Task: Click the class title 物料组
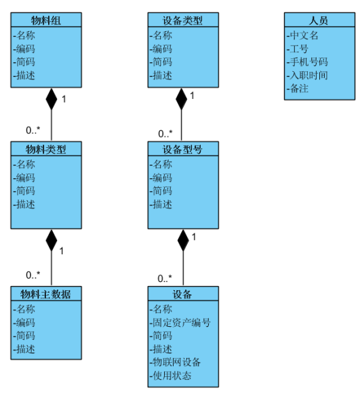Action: click(x=46, y=20)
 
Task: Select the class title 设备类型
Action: click(x=183, y=20)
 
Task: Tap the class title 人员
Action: click(x=319, y=20)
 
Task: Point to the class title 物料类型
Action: click(x=46, y=149)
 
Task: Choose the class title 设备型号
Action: click(x=183, y=149)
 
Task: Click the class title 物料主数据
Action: click(x=45, y=294)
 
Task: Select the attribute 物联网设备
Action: click(x=176, y=362)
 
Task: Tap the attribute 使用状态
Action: click(x=171, y=376)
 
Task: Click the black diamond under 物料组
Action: click(x=52, y=99)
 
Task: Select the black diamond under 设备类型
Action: click(x=181, y=99)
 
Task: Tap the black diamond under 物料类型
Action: click(x=52, y=241)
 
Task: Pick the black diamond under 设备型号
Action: click(x=183, y=241)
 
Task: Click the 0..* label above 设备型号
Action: click(x=165, y=134)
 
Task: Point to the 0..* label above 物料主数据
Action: click(x=33, y=275)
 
